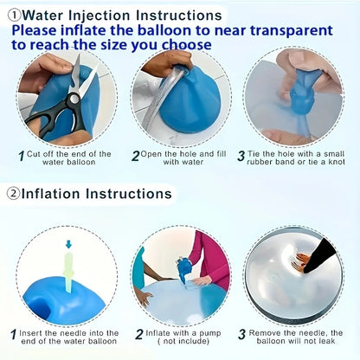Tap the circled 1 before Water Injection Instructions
[13, 15]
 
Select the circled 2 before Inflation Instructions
[13, 194]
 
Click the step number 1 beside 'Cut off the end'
[21, 157]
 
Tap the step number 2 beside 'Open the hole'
[136, 157]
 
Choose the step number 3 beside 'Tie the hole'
[241, 157]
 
